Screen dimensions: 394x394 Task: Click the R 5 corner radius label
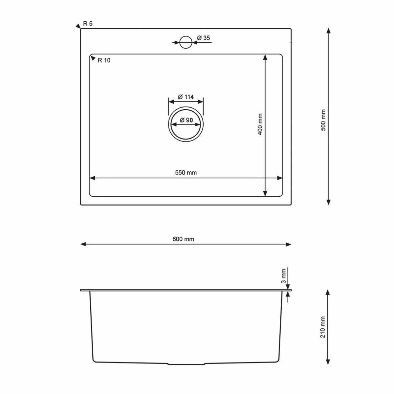(88, 24)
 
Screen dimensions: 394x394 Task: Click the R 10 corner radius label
(104, 60)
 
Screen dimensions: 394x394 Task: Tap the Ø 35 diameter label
(204, 38)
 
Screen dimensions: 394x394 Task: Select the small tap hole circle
(186, 42)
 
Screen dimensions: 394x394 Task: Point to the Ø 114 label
(186, 97)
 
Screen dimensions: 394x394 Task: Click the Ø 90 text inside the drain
(186, 120)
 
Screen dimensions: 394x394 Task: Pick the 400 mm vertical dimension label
(260, 125)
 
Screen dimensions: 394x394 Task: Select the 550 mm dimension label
(186, 173)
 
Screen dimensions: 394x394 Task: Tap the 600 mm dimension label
(183, 239)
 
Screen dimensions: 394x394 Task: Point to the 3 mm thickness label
(284, 276)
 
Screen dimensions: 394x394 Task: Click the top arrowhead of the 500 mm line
(328, 31)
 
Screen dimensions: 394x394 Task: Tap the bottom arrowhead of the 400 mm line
(265, 194)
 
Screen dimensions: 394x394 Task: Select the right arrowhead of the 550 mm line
(280, 178)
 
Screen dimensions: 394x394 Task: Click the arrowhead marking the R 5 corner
(78, 26)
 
